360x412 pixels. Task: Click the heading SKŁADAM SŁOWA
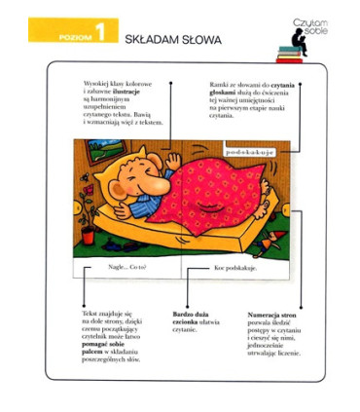pos(172,40)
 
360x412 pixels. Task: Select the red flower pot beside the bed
pos(88,236)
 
